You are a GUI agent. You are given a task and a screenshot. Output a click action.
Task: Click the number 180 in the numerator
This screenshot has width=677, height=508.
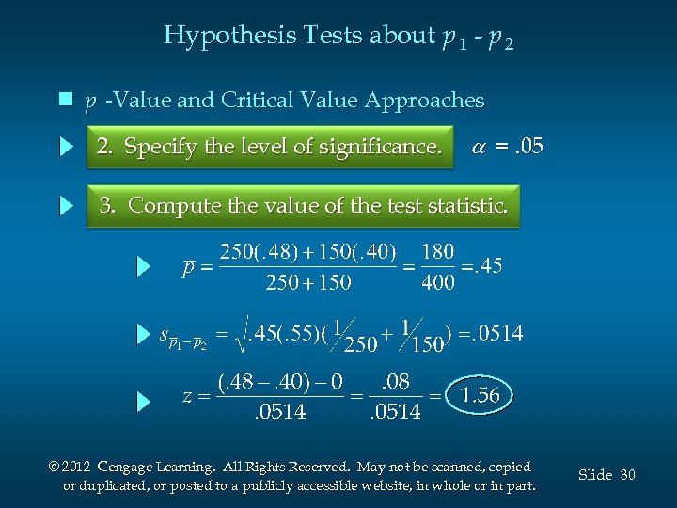(438, 252)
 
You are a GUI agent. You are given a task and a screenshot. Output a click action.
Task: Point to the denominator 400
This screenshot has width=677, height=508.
(438, 282)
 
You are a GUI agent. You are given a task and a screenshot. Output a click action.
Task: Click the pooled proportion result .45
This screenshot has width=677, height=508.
(485, 266)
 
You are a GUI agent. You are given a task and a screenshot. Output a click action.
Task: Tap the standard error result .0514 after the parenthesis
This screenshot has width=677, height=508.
(494, 334)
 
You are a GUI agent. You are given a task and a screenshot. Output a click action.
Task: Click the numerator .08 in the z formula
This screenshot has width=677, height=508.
(394, 381)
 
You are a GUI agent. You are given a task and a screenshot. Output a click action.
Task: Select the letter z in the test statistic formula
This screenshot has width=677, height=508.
(187, 396)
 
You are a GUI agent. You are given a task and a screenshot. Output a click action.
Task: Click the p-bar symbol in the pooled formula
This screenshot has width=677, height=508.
(188, 267)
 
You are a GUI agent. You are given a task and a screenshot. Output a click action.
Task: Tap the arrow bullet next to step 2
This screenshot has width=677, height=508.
(66, 147)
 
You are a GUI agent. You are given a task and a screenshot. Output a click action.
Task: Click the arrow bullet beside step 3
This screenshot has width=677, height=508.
(66, 205)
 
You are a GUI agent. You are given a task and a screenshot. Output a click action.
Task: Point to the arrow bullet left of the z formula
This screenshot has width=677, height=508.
(143, 402)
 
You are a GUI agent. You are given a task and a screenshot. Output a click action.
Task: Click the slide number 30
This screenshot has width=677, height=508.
(627, 475)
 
